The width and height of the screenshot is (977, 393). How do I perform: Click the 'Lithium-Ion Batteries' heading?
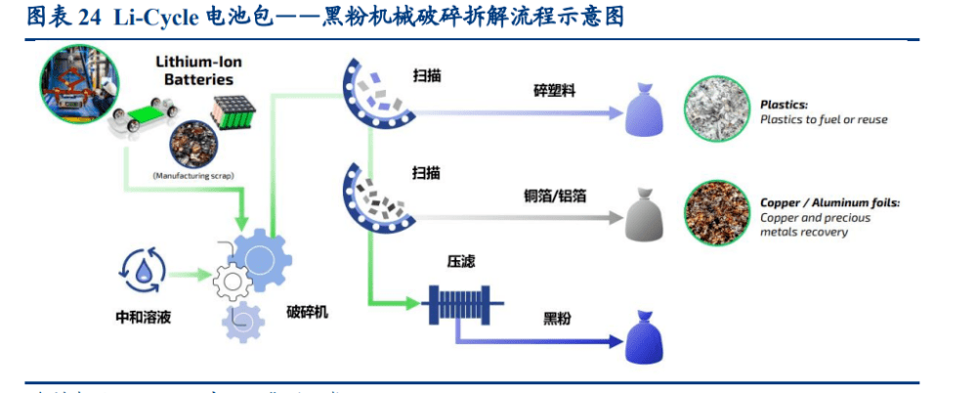195,69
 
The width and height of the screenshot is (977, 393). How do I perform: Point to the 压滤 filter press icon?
460,304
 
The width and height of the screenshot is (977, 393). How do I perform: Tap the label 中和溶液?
143,317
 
